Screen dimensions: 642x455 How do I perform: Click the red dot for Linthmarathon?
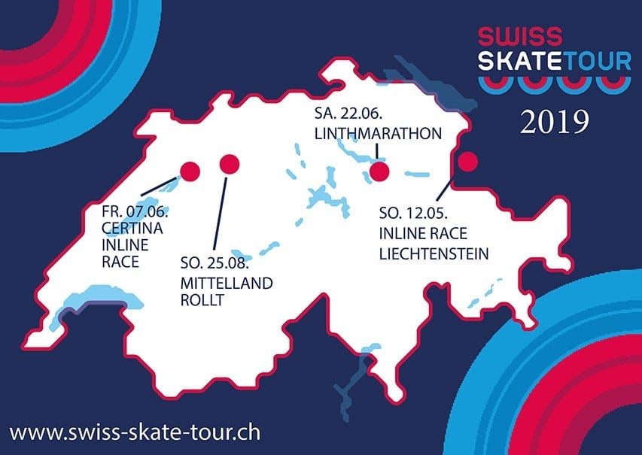[x=379, y=172]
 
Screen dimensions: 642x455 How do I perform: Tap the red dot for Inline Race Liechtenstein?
[x=468, y=162]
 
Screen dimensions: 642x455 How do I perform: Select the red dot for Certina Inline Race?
[x=190, y=171]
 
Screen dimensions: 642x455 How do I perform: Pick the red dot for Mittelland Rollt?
[x=230, y=164]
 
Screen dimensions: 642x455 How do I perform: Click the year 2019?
[x=555, y=122]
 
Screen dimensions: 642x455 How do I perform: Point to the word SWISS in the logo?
[x=520, y=36]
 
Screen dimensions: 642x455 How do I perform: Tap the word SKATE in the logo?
[x=520, y=61]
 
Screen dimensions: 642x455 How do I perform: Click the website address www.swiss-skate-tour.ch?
[x=135, y=433]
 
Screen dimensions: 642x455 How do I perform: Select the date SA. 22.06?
[x=348, y=114]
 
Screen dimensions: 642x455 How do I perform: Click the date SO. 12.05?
[x=413, y=213]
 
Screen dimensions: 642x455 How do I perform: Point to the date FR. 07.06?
[x=135, y=211]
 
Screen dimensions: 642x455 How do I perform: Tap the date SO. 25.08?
[x=215, y=263]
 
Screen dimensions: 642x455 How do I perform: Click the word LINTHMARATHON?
[x=378, y=134]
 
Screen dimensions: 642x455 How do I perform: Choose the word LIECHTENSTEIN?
[x=434, y=254]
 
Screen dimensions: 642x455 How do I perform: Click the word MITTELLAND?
[x=227, y=283]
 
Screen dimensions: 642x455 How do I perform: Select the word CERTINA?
[x=132, y=229]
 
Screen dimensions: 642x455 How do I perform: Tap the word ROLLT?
[x=202, y=300]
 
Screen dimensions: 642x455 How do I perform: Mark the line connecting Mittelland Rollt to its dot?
[x=220, y=213]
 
